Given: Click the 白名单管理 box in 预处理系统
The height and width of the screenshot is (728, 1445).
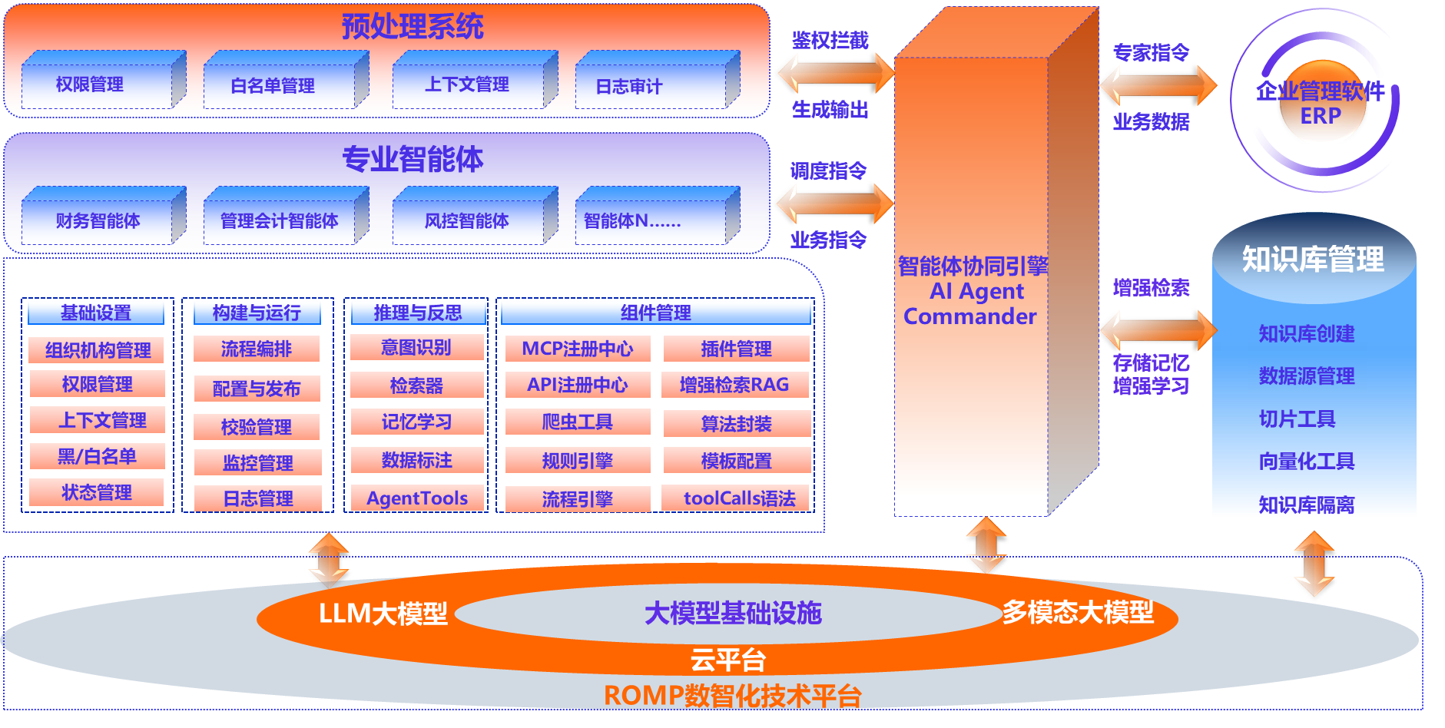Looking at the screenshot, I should point(273,86).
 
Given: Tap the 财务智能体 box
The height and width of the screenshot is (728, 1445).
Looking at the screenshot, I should point(98,221).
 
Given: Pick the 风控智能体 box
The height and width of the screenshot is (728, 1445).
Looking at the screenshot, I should point(467,221).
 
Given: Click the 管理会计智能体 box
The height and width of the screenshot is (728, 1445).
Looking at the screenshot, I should point(280,221).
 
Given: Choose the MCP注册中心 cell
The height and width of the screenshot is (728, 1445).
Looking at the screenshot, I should point(578,349).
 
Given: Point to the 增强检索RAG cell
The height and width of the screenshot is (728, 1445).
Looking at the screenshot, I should point(734,385).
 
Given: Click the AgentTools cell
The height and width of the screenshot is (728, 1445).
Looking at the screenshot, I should point(417,498).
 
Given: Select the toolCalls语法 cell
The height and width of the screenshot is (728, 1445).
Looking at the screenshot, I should point(739,498).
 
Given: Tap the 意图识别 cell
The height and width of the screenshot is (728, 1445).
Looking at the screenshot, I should point(416,347).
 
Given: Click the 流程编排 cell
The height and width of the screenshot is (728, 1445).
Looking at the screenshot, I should point(257,349).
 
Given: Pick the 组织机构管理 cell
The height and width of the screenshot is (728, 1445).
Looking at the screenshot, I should point(98,350).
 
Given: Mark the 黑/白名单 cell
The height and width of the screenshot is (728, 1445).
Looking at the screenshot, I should point(98,456).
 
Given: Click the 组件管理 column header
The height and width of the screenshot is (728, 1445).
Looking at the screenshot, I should point(656,313).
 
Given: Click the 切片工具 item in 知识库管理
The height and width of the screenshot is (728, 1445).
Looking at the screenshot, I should point(1297,419).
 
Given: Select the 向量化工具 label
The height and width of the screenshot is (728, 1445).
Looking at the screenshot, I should point(1306,461).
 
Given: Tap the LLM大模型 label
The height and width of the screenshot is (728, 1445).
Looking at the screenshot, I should point(383,614).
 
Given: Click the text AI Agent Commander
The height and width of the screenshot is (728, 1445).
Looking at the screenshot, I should point(971,303).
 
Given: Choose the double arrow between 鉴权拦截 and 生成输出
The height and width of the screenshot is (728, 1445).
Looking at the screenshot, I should point(834,74).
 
